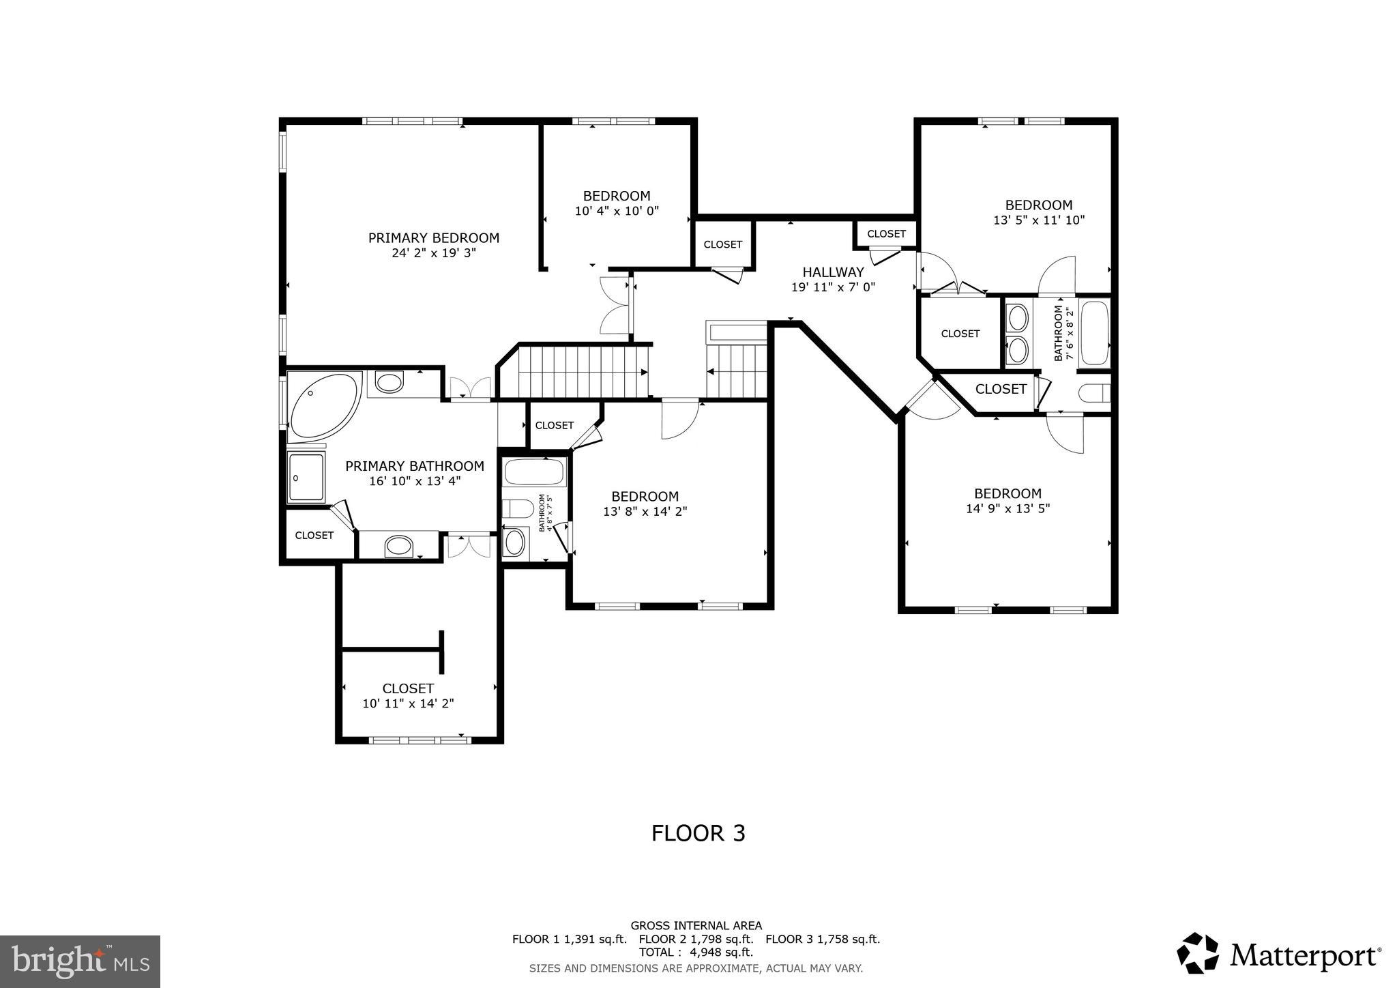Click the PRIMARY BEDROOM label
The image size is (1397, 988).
click(x=434, y=238)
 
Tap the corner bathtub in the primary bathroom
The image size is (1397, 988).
click(x=322, y=407)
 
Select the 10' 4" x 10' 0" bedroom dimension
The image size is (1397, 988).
click(x=617, y=211)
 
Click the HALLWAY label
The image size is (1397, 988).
click(x=833, y=272)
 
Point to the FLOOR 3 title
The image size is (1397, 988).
click(x=698, y=833)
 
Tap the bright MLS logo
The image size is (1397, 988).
click(x=80, y=961)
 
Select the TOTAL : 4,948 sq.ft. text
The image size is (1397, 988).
click(x=696, y=952)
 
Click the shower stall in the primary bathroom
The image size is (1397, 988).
click(x=306, y=478)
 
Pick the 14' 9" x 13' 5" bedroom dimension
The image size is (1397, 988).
click(x=1008, y=508)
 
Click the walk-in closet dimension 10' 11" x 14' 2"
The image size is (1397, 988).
click(x=408, y=703)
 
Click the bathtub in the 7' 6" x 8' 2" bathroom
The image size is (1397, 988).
click(x=1094, y=334)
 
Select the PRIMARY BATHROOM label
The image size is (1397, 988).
click(x=414, y=466)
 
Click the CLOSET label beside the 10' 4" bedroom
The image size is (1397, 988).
click(x=722, y=244)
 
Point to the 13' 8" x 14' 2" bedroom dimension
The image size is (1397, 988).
click(x=645, y=511)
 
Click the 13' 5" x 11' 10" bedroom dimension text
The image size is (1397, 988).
click(x=1038, y=220)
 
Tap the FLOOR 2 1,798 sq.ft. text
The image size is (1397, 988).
click(x=696, y=939)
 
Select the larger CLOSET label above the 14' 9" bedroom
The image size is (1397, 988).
click(x=1001, y=389)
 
